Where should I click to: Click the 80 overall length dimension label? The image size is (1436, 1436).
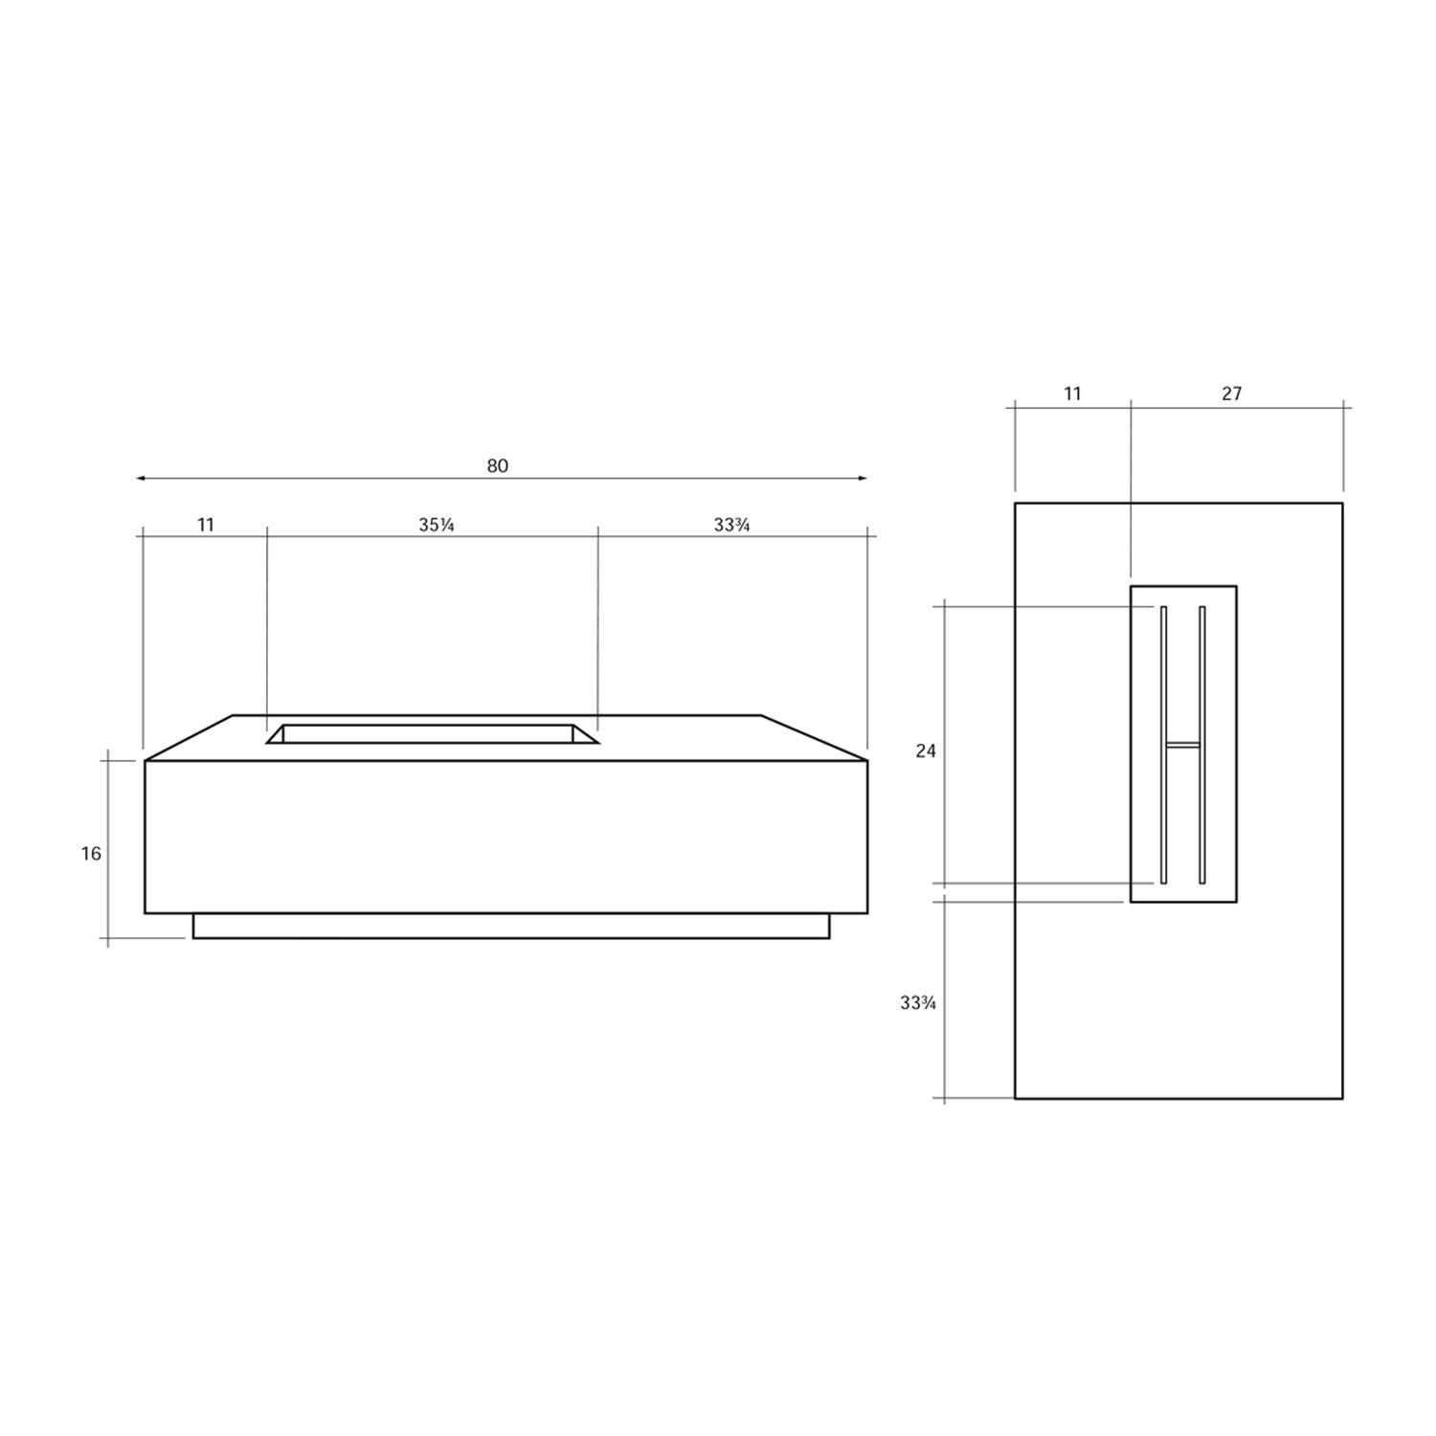point(497,466)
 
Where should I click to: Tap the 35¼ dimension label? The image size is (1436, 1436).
point(436,525)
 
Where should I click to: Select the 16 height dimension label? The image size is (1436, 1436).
point(91,853)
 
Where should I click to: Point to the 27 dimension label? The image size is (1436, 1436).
point(1231,393)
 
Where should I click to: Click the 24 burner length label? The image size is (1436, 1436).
point(926,752)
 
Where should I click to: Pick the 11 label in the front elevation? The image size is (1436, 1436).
point(206,525)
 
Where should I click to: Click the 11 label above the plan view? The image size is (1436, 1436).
point(1072,393)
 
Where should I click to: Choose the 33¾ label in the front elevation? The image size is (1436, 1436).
point(731,525)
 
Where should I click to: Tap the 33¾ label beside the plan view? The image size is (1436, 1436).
point(917,1003)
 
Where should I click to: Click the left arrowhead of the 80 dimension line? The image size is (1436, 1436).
point(141,478)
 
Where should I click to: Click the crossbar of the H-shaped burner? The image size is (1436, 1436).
point(1183,743)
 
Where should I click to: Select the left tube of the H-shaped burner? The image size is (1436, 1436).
point(1164,670)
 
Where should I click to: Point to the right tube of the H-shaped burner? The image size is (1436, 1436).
point(1202,670)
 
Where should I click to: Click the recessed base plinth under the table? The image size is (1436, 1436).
point(511,926)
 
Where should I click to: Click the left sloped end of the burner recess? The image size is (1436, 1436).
point(276,734)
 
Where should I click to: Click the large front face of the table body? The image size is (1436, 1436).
point(505,837)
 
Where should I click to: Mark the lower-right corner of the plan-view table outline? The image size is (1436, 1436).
point(1342,1098)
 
